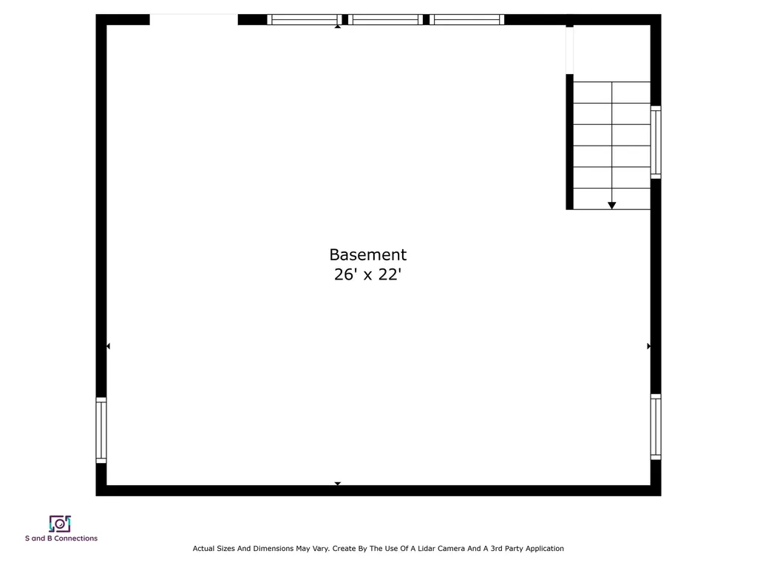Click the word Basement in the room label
coord(367,254)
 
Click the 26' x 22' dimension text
coord(367,275)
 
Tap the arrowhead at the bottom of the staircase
coord(611,206)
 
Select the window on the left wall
coord(101,430)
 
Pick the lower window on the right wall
coord(656,427)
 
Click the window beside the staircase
coord(656,142)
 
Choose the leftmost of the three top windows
coord(303,20)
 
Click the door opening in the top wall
coord(194,20)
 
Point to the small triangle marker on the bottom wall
coord(338,484)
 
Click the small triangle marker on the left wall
coord(108,346)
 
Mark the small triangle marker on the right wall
coord(649,346)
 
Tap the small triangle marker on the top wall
coord(338,26)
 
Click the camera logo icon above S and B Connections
coord(60,524)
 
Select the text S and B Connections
coord(61,538)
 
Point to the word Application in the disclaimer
coord(543,549)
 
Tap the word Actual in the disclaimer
coord(204,549)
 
